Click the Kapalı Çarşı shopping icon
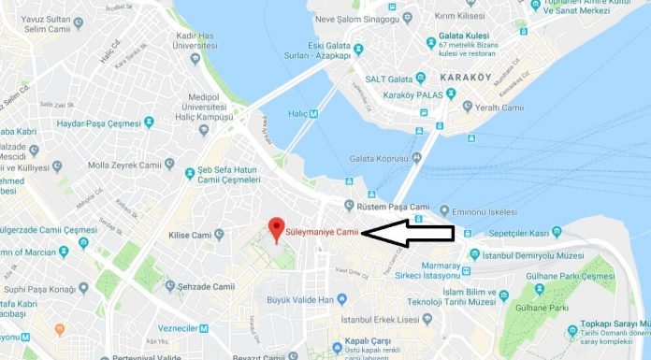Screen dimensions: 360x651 pyautogui.click(x=337, y=349)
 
